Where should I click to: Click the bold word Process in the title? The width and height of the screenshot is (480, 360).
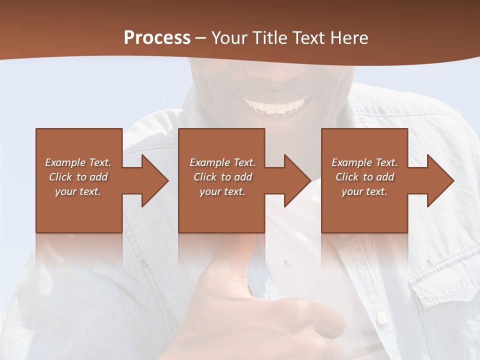click(157, 38)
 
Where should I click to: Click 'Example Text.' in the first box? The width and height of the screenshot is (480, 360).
click(78, 162)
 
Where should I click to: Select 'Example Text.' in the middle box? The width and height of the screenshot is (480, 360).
click(222, 162)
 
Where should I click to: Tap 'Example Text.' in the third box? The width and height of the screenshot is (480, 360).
click(364, 162)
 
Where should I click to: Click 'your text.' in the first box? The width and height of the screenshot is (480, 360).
click(78, 191)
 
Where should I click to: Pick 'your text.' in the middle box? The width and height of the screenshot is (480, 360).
click(222, 191)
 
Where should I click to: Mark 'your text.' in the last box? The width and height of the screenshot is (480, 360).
click(364, 191)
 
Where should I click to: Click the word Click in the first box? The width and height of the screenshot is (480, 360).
click(60, 177)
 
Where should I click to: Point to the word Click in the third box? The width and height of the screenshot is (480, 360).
click(347, 177)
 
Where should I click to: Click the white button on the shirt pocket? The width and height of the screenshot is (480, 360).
click(381, 317)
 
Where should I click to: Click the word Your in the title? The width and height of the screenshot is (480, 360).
click(228, 38)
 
